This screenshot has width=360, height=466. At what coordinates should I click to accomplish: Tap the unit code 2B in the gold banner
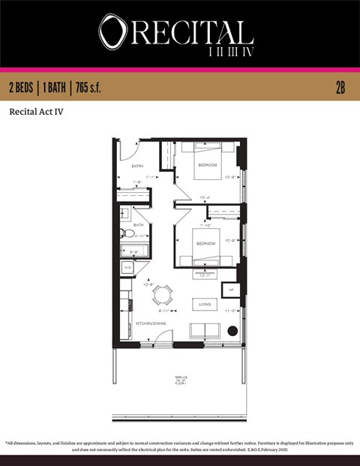[x=340, y=88]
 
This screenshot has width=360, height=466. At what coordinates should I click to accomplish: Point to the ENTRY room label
[x=137, y=166]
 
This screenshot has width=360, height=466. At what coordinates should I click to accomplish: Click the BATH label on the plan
[x=139, y=224]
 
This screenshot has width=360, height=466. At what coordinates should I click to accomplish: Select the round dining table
[x=163, y=294]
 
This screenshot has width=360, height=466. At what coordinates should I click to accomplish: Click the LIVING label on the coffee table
[x=204, y=304]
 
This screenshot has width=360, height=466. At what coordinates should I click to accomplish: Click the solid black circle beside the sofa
[x=232, y=330]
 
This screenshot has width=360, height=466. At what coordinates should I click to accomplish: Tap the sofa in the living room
[x=204, y=330]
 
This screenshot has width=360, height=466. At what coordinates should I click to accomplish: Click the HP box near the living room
[x=230, y=290]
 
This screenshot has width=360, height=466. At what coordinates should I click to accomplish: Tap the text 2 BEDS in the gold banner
[x=24, y=88]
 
